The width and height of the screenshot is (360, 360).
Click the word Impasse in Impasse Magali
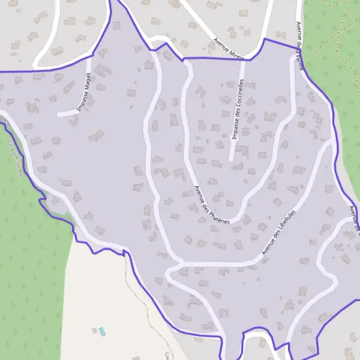point(82,103)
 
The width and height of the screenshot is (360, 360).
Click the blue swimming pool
point(102,331)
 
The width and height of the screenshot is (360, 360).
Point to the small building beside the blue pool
point(94,329)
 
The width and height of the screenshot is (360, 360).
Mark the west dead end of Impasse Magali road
point(59,113)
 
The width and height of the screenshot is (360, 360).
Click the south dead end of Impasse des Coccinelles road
point(231,160)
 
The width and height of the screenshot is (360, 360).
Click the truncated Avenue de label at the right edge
point(353,219)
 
